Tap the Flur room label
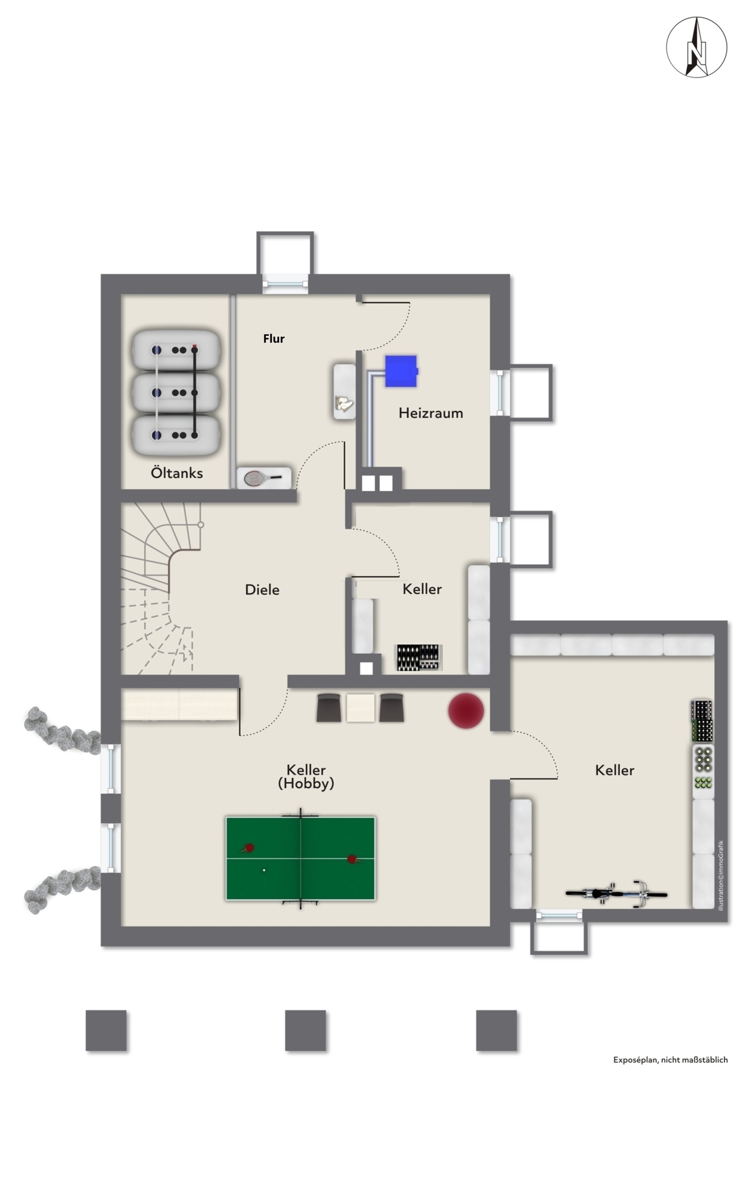274,339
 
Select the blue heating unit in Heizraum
401,371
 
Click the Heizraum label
430,413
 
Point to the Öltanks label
176,473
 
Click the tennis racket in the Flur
263,477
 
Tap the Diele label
262,589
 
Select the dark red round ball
466,710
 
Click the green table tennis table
300,858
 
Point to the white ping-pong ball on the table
264,870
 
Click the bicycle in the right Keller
616,894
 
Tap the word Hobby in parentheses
306,783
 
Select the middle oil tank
175,392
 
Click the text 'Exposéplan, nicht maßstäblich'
670,1060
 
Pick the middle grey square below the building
305,1030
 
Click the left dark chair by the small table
328,707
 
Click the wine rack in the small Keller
420,657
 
